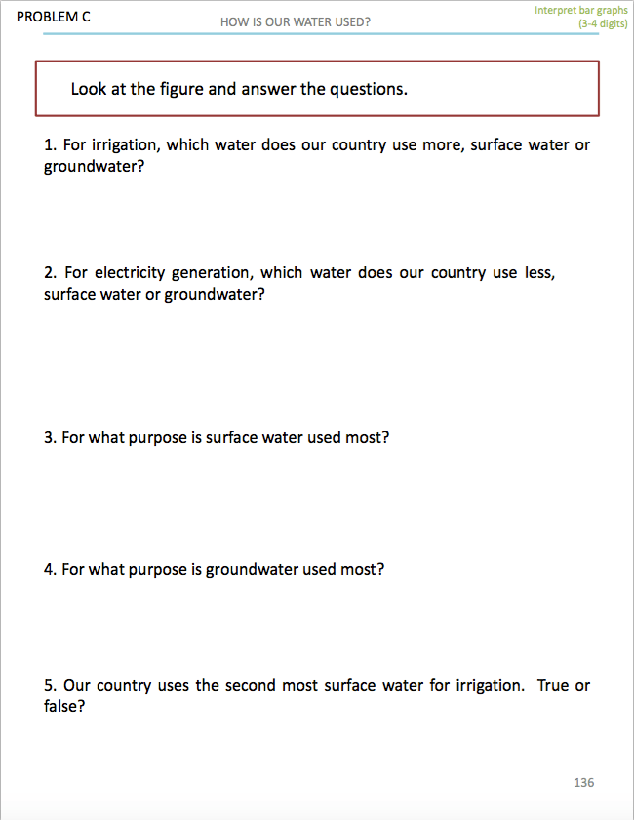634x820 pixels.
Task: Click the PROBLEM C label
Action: [x=54, y=17]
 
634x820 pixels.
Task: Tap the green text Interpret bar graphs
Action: [x=580, y=11]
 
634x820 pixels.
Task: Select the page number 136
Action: [x=583, y=782]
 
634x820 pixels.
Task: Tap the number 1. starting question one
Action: [x=51, y=145]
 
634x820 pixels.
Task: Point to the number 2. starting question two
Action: [x=51, y=273]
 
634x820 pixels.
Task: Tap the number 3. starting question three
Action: [x=51, y=438]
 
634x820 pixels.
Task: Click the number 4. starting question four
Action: [x=51, y=569]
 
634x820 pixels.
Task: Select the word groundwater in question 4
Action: [x=249, y=569]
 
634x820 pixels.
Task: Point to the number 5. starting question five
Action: [x=51, y=686]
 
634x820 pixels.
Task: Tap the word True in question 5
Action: [x=553, y=686]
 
